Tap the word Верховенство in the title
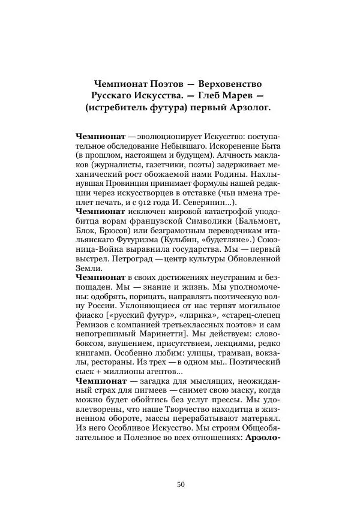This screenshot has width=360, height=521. click(x=230, y=82)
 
